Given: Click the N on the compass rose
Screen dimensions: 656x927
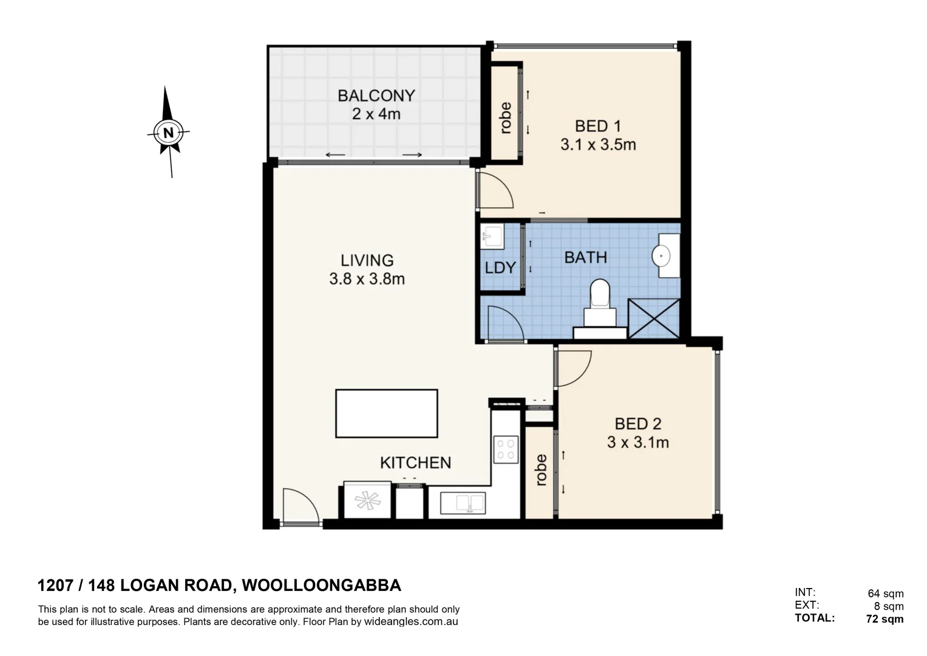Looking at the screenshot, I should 168,132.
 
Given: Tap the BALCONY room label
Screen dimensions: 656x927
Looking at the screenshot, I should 376,96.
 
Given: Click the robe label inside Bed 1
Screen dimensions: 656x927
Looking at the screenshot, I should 505,118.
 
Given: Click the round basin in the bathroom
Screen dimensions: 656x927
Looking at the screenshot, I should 661,256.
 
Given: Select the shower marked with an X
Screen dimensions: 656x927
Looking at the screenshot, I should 653,318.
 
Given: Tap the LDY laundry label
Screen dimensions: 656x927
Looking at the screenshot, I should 500,268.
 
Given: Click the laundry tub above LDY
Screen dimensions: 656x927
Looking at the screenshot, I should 491,236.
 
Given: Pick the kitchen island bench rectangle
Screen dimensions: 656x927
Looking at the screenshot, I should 386,413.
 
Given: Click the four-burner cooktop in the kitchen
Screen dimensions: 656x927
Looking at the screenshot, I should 506,449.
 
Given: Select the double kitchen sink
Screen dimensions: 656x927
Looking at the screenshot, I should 462,504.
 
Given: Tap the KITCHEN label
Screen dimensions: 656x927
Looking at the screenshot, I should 415,463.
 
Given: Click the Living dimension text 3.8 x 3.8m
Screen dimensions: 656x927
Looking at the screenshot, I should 367,279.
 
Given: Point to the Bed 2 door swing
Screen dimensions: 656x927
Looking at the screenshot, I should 572,368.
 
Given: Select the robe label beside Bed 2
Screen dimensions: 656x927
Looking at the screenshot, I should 541,470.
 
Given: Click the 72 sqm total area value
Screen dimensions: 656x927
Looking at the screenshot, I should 885,620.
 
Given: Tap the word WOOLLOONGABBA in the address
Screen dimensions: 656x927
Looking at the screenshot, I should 321,586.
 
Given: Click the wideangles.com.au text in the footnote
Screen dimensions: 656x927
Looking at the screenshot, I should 410,622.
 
